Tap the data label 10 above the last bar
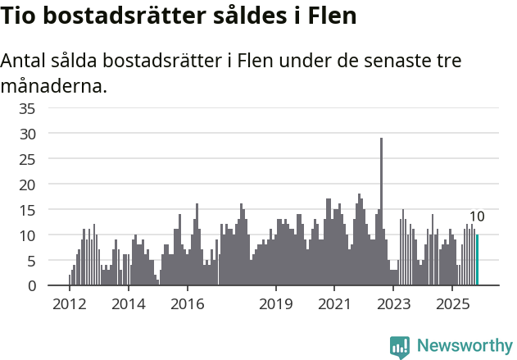[x=477, y=216]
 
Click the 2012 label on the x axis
[x=70, y=303]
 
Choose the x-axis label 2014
[x=128, y=303]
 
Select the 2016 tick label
[x=187, y=303]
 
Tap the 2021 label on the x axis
[x=334, y=303]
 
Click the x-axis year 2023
[x=393, y=303]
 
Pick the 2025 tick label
[x=452, y=303]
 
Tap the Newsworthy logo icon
[x=400, y=346]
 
